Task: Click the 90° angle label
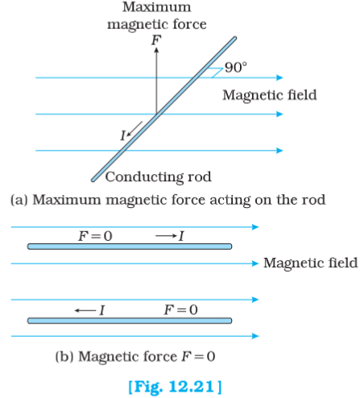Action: click(236, 67)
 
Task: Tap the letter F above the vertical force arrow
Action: click(156, 40)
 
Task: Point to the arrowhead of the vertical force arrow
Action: click(156, 50)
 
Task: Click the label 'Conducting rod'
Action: click(158, 176)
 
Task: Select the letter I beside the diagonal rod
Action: click(123, 135)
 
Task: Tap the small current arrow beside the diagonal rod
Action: click(134, 129)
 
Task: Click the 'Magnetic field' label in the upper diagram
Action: click(270, 96)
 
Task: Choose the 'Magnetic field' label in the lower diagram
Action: click(310, 263)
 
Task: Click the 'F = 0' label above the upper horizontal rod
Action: click(95, 236)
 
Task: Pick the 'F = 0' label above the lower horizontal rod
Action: click(180, 310)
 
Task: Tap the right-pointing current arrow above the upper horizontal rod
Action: click(166, 236)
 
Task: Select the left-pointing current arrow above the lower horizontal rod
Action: click(85, 311)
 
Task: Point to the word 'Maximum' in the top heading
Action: click(157, 7)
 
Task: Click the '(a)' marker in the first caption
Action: click(19, 200)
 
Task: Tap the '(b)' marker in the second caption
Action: click(64, 357)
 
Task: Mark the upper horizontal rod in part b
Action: click(130, 247)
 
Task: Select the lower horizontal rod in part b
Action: click(130, 321)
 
